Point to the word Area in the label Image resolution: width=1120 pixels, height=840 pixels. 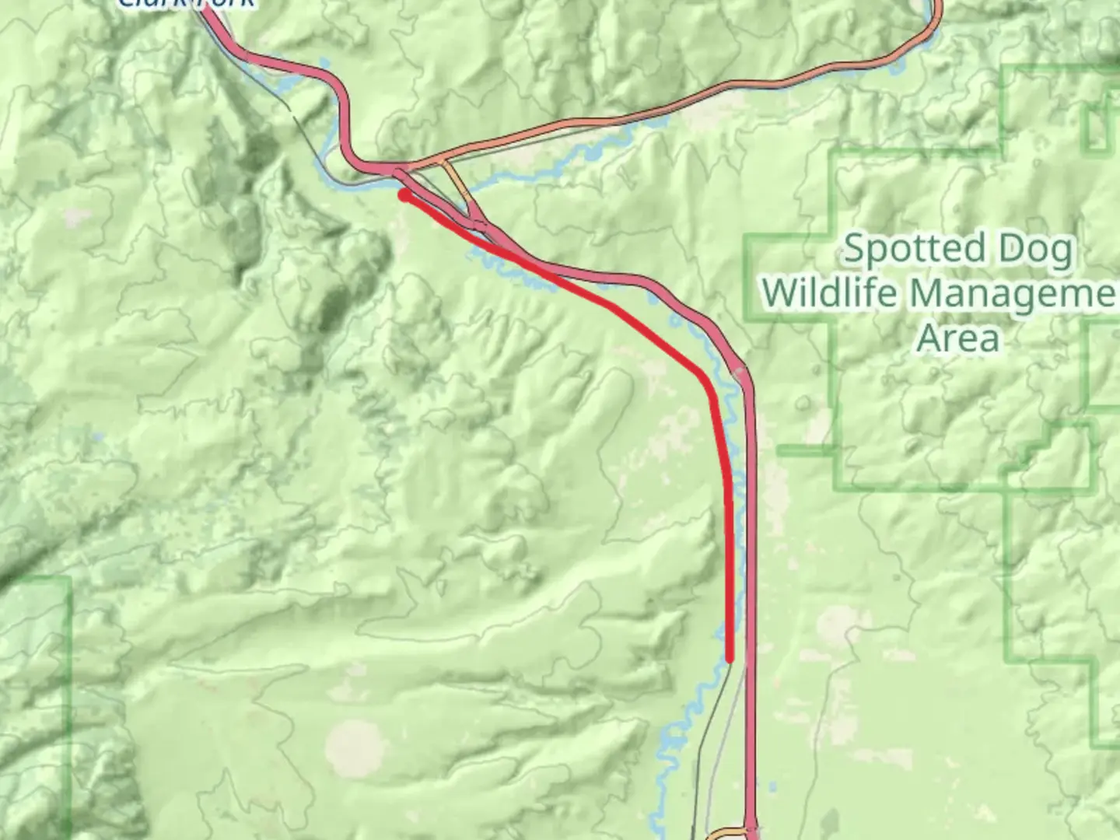coord(957,338)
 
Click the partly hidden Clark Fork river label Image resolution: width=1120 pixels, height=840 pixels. coord(187,4)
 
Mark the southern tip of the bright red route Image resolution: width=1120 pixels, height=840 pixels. coord(730,659)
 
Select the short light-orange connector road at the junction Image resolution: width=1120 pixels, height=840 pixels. coord(457,183)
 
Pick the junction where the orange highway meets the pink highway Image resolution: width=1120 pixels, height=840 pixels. coord(401,168)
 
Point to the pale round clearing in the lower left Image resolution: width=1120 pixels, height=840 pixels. coord(356,747)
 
